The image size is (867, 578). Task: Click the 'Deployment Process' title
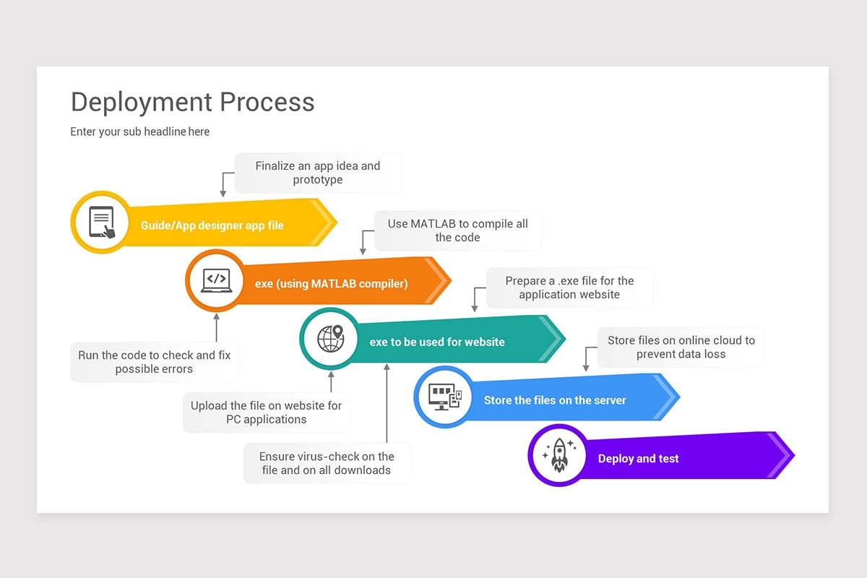pos(192,102)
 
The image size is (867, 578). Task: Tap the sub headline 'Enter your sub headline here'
pos(140,131)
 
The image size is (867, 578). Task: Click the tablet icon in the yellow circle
pos(101,222)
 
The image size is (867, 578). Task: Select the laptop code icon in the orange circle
pos(216,280)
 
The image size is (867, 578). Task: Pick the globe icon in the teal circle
pos(330,339)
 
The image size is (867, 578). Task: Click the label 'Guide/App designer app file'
pos(212,225)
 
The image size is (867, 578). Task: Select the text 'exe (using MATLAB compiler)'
pos(331,284)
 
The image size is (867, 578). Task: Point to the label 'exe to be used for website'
pos(437,342)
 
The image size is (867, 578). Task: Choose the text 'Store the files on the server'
pos(555,400)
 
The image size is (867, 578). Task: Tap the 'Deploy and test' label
pos(638,459)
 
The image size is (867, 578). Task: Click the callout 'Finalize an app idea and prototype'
pos(318,173)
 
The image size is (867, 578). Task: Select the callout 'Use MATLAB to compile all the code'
pos(457,230)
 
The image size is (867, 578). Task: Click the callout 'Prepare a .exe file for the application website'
pos(569,288)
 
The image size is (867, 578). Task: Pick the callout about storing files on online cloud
pos(681,347)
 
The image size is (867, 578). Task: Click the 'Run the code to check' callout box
pos(154,362)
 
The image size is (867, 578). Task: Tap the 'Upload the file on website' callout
pos(266,413)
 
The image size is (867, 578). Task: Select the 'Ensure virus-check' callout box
pos(327,463)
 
